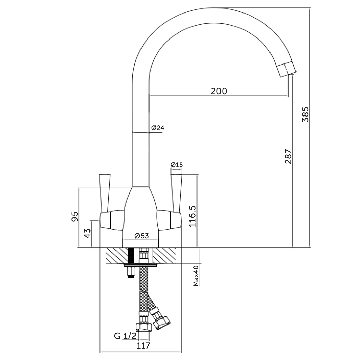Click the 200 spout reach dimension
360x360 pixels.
click(219, 91)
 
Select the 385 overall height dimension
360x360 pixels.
click(305, 114)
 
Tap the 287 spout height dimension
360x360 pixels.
click(288, 156)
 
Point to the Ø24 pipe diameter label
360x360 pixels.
click(158, 128)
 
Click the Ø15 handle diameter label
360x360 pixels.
click(177, 165)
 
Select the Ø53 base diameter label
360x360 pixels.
click(142, 236)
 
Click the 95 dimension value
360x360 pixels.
click(75, 216)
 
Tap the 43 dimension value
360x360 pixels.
click(87, 233)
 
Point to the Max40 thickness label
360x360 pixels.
click(196, 276)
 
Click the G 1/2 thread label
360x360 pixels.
click(125, 336)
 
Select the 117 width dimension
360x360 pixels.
click(143, 345)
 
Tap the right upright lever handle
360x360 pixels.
click(177, 192)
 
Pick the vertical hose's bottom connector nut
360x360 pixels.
click(143, 326)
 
